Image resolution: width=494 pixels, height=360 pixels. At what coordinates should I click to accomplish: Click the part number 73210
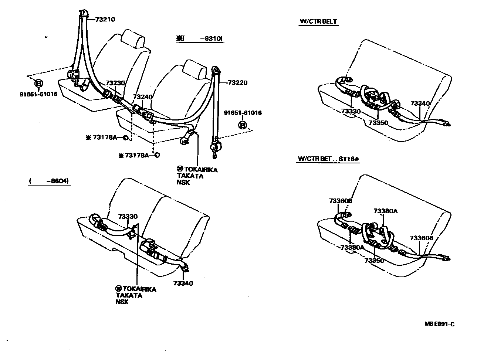(105, 20)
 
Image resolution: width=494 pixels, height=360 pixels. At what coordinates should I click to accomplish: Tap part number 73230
(115, 83)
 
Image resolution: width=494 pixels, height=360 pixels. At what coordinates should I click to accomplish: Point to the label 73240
(143, 97)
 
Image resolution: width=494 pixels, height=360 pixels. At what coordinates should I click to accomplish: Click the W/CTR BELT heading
(318, 21)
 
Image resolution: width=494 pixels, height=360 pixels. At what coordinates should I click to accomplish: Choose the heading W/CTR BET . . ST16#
(328, 159)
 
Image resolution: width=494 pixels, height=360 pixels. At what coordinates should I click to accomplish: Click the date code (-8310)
(201, 38)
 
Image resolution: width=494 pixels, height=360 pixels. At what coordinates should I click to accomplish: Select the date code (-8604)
(50, 181)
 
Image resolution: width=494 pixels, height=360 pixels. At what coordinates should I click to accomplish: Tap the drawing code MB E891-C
(439, 324)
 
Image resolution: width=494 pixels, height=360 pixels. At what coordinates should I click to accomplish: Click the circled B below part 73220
(243, 125)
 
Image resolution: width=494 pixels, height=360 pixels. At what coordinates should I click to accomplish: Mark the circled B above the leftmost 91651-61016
(38, 83)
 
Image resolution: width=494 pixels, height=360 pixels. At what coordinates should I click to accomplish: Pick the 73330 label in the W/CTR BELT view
(351, 111)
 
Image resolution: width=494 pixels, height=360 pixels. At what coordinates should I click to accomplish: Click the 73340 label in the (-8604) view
(183, 283)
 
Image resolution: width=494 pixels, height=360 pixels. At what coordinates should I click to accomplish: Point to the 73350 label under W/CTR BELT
(378, 123)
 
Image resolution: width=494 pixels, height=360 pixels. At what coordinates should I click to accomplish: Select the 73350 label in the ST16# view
(374, 261)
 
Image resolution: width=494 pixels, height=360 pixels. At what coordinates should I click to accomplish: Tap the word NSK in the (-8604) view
(122, 302)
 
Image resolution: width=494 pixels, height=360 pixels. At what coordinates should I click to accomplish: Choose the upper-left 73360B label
(341, 201)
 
